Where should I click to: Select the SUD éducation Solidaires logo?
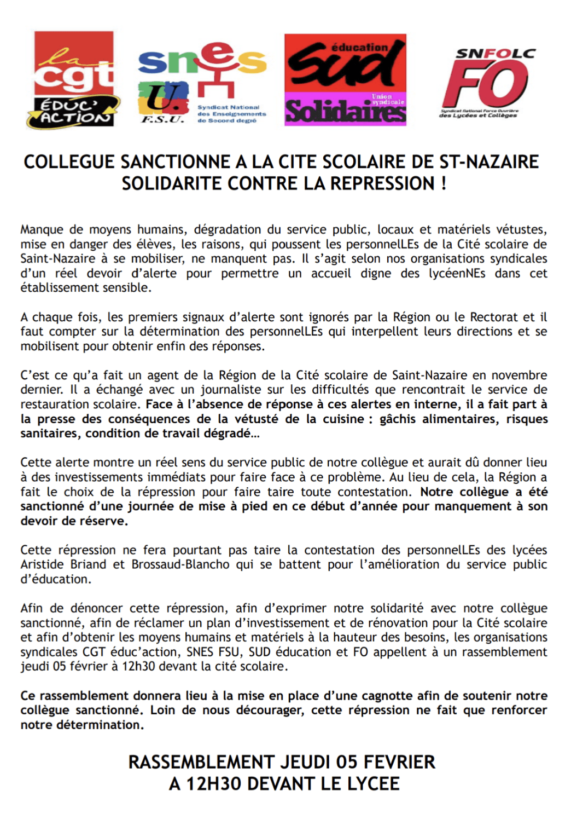click(x=345, y=80)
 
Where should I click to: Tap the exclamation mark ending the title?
click(x=444, y=183)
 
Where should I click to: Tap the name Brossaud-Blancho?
click(x=180, y=564)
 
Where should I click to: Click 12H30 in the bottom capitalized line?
click(x=214, y=784)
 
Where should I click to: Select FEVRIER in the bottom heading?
click(x=399, y=762)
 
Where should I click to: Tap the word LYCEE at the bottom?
click(x=372, y=784)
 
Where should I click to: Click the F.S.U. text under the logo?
click(x=162, y=120)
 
